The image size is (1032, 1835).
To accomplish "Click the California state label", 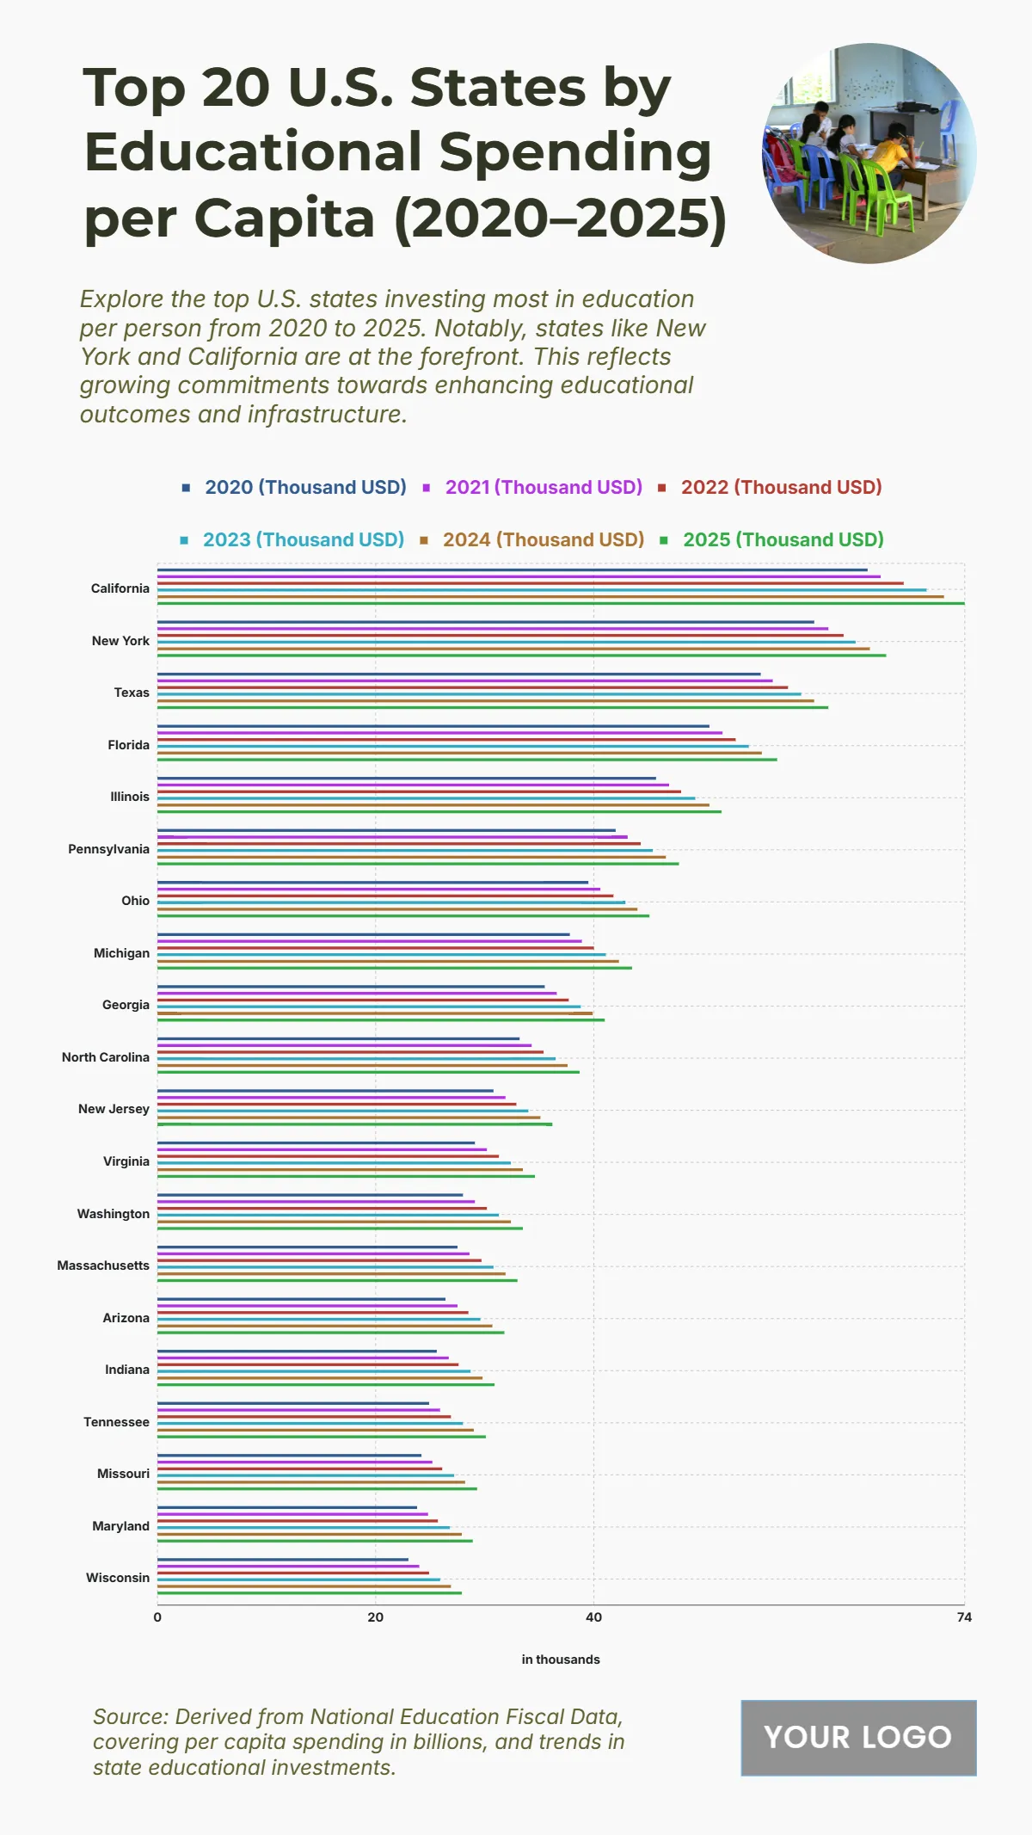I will tap(120, 588).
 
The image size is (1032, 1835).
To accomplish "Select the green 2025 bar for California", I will tap(559, 603).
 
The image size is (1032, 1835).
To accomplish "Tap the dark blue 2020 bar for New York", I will tap(485, 622).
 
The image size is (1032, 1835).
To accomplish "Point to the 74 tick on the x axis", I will tap(964, 1617).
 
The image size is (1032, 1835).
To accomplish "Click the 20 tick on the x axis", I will tap(376, 1617).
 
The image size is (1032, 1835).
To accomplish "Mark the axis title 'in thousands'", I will tap(561, 1660).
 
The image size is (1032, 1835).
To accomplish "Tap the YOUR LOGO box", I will tap(858, 1738).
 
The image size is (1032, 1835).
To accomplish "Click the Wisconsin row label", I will tap(118, 1578).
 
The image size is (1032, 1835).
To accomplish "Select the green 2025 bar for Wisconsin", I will tap(310, 1593).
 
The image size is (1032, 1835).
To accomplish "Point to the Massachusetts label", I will tap(103, 1265).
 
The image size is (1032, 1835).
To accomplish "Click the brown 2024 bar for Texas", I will tap(485, 700).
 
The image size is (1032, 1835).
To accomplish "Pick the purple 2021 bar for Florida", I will tap(439, 733).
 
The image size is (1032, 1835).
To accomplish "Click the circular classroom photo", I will tap(869, 153).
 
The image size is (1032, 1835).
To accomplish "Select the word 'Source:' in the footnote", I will tap(131, 1717).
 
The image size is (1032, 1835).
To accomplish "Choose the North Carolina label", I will tap(106, 1057).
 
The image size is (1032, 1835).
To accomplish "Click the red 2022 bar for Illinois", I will tap(419, 791).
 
